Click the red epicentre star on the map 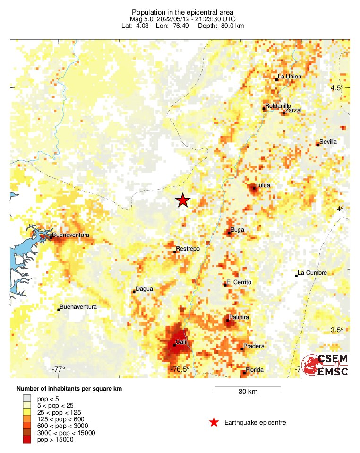click(183, 200)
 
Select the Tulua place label click(262, 185)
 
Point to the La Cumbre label click(313, 273)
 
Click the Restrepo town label click(188, 249)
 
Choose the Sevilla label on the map click(328, 141)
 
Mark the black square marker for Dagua click(134, 292)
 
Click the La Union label click(290, 77)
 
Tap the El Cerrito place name click(239, 282)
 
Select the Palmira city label click(239, 317)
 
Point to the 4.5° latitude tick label click(337, 88)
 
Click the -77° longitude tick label click(59, 369)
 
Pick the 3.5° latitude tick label click(337, 330)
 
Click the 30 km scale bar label click(248, 392)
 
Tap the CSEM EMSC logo click(326, 365)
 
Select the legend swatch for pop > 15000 click(27, 440)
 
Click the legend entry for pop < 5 click(45, 399)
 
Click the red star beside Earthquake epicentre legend click(214, 422)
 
